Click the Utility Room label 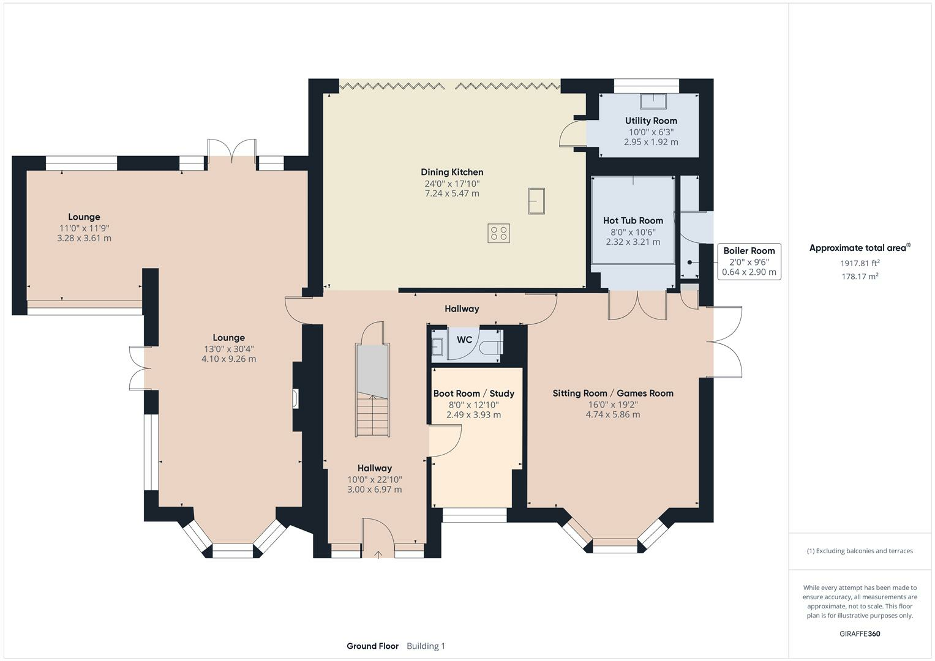coord(651,121)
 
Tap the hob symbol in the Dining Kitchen coord(498,233)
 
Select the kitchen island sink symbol coord(536,201)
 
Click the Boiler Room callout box coord(749,262)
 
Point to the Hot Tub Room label coord(633,220)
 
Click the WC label coord(464,340)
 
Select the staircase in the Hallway coord(372,390)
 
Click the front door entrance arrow coord(378,555)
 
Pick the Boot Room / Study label coord(473,394)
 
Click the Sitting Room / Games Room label coord(613,393)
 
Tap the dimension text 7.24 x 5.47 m coord(452,193)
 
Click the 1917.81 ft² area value coord(860,263)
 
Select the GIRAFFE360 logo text coord(860,633)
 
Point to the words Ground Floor coord(372,646)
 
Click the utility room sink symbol coord(653,101)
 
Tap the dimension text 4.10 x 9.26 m coord(229,359)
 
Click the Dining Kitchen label coord(452,172)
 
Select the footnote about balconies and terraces coord(860,551)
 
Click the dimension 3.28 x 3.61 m coord(84,238)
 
